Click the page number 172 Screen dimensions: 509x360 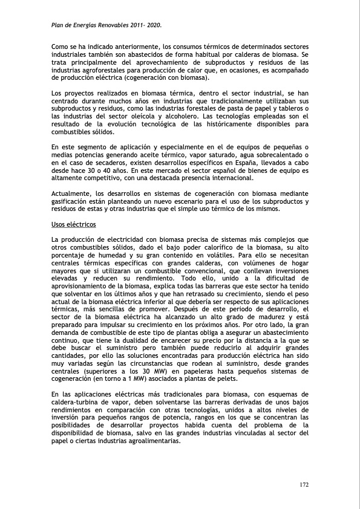pos(304,485)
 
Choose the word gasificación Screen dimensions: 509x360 pos(73,202)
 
